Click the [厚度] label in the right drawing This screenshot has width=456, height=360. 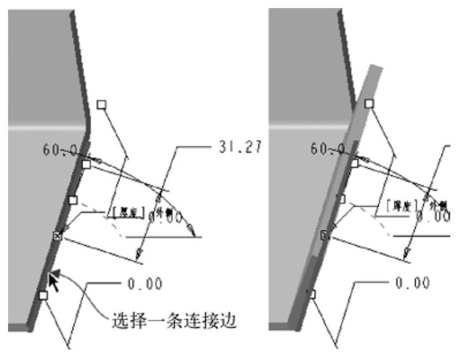[390, 208]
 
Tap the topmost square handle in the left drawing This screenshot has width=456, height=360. [101, 104]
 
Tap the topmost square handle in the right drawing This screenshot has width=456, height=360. [369, 104]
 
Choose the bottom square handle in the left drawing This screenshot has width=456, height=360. [43, 295]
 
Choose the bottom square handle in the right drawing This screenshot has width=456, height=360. [312, 294]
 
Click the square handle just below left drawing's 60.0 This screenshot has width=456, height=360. [86, 165]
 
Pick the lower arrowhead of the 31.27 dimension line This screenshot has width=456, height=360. [137, 254]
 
